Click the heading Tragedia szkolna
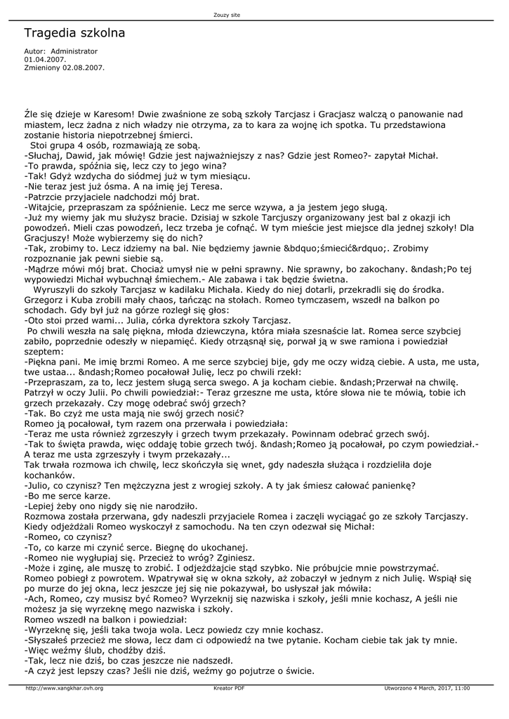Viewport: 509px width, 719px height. (x=74, y=33)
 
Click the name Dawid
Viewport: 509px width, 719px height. (x=78, y=153)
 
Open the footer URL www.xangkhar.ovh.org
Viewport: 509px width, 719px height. (x=65, y=687)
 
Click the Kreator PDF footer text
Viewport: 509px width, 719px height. (x=229, y=687)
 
